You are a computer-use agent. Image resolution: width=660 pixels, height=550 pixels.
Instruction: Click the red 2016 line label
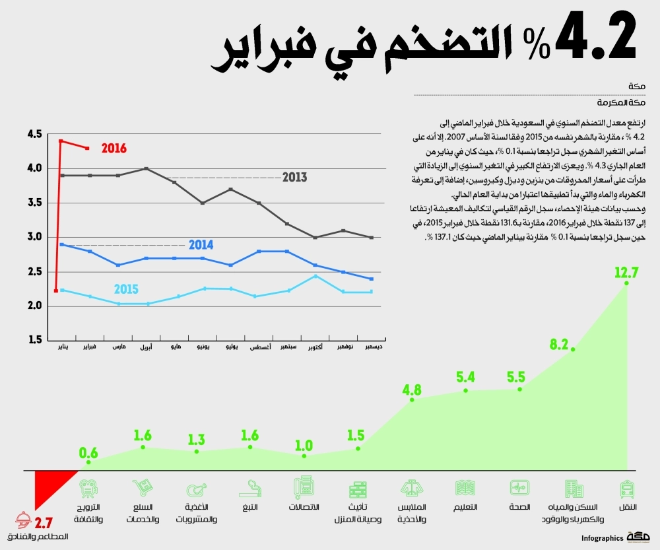pos(114,149)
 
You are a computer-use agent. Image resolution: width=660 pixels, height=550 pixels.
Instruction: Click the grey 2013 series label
pos(294,178)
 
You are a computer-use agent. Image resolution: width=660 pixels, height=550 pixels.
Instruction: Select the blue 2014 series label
pos(201,245)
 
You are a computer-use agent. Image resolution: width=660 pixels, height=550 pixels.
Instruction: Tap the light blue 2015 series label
pos(125,289)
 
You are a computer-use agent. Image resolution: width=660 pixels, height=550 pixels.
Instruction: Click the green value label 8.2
pos(559,344)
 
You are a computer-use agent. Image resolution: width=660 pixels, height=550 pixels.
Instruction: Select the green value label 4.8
pos(412,389)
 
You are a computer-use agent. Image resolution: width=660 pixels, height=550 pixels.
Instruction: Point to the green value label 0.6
pos(88,453)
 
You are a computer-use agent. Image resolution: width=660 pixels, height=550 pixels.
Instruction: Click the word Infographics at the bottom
pos(603,538)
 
